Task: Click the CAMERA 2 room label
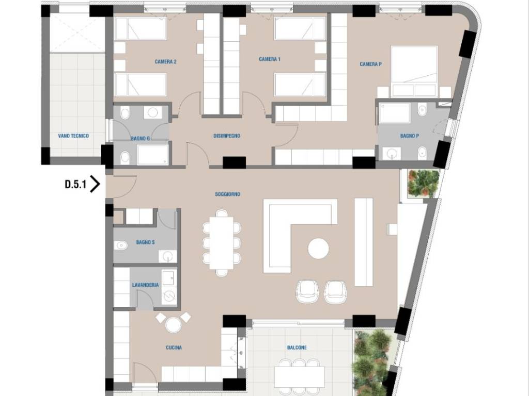tap(166, 62)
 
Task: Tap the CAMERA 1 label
tap(270, 59)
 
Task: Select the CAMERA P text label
tap(371, 64)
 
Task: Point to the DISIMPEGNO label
tap(227, 136)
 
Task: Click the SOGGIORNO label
tap(228, 194)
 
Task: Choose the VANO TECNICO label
tap(73, 136)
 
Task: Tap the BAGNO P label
tap(410, 136)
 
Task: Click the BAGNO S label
tap(145, 242)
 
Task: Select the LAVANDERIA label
tap(145, 285)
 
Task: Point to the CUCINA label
tap(174, 348)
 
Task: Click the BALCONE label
tap(297, 348)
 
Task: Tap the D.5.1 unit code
tap(75, 185)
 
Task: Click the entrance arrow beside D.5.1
tap(96, 185)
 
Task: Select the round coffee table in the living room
tap(318, 249)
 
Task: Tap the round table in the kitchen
tap(174, 325)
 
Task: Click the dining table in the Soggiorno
tap(221, 243)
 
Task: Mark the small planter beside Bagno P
tap(423, 184)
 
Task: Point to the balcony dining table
tap(299, 377)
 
